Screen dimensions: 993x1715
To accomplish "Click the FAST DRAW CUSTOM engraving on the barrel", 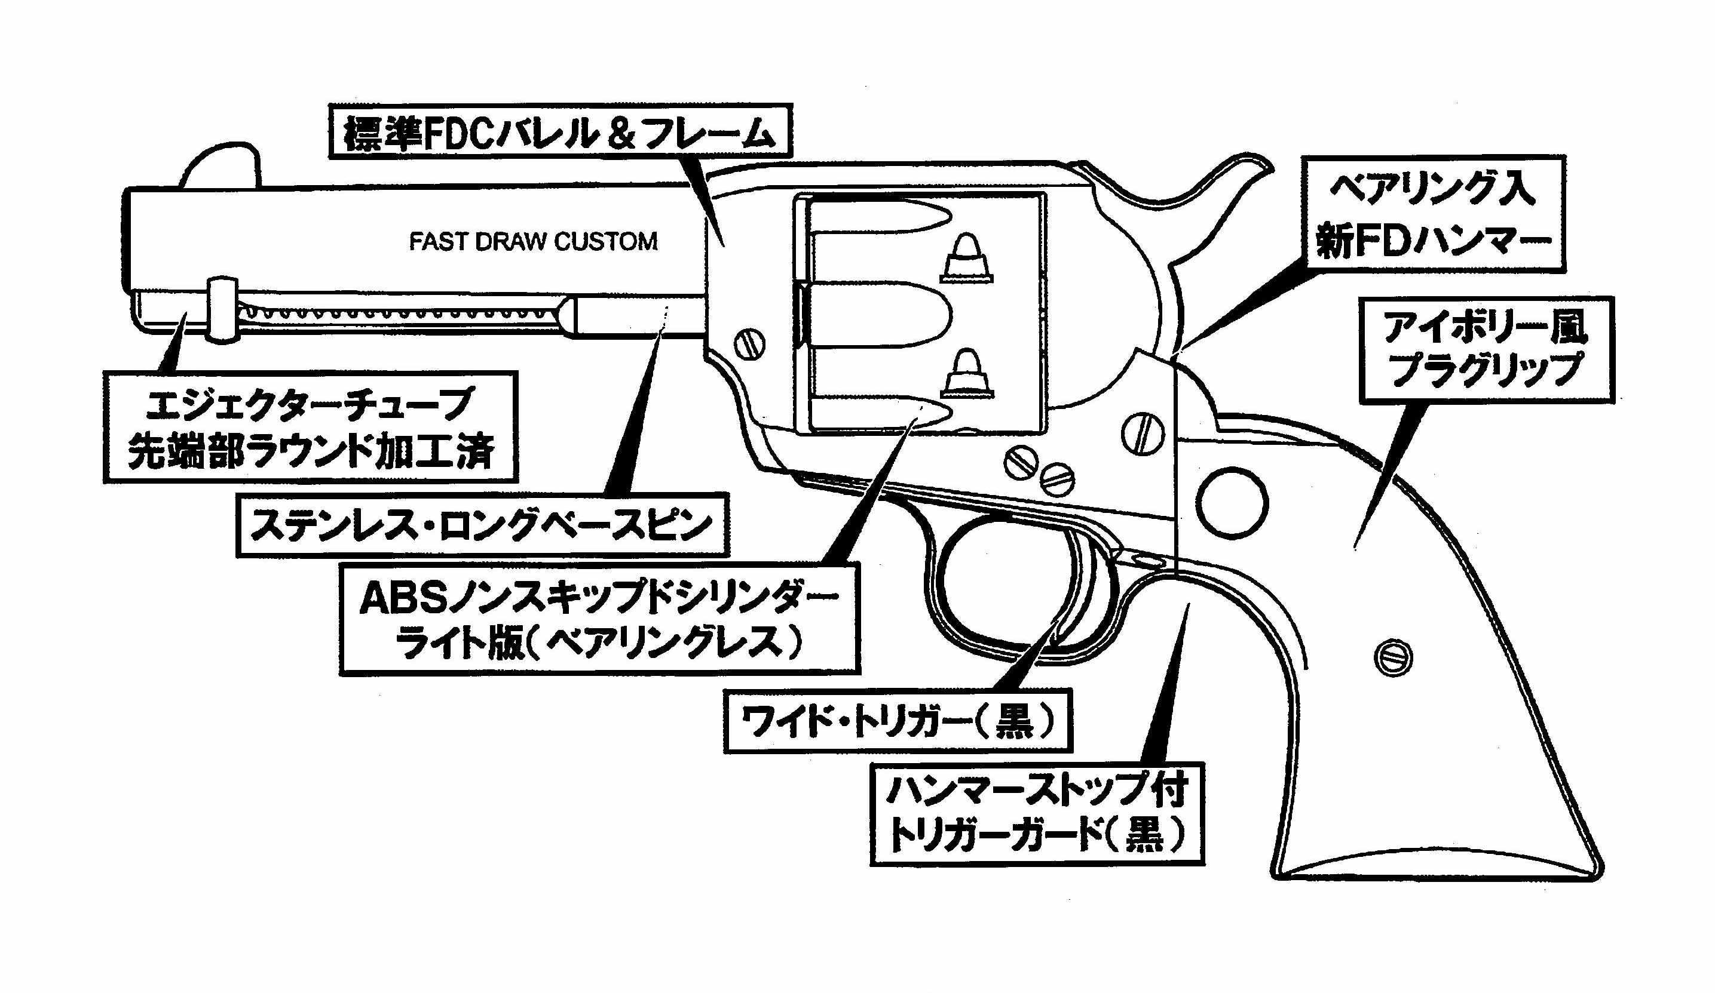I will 533,241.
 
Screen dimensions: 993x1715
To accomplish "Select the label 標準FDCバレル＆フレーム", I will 559,132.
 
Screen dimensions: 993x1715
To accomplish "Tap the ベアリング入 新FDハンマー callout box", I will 1433,214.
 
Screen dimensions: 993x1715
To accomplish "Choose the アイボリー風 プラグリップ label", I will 1486,349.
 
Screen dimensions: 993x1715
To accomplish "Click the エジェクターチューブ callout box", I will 310,426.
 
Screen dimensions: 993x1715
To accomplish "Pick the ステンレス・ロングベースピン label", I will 482,525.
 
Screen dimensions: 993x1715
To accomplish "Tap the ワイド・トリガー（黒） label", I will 897,722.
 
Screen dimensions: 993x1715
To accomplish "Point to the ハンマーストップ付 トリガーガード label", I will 1037,813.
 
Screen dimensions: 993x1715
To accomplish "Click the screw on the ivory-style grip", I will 1393,657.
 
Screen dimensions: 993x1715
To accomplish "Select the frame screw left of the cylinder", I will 749,344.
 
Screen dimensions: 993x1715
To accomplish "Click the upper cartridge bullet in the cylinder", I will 966,259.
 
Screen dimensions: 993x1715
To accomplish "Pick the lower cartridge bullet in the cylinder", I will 967,374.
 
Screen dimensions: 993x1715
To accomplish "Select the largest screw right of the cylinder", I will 1143,434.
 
